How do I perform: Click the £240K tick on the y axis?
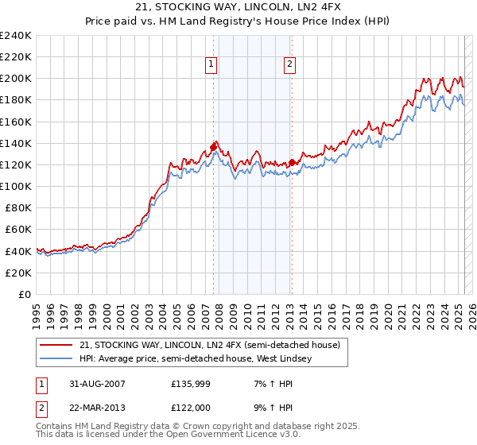click(17, 35)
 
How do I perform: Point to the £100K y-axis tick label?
click(17, 186)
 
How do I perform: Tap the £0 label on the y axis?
click(26, 294)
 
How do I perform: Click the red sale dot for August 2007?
click(213, 147)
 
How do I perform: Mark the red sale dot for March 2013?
click(292, 162)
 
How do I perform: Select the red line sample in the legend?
click(58, 345)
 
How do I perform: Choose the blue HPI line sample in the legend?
click(58, 358)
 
